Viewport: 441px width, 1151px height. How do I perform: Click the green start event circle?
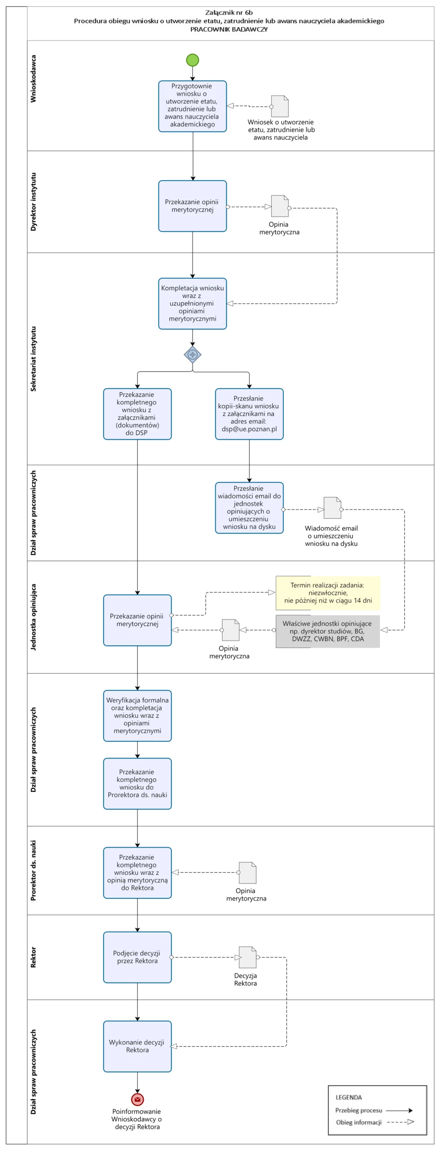pos(192,60)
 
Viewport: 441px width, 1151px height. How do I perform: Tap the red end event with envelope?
pos(137,1099)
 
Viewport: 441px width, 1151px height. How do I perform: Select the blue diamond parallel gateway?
pos(193,355)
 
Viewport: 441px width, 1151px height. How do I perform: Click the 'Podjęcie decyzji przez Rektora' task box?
pos(137,957)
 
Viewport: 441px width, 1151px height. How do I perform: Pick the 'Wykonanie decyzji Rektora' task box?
pos(137,1046)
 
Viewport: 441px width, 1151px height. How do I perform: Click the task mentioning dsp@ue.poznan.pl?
pos(249,414)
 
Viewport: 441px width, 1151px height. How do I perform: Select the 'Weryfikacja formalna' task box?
pos(137,716)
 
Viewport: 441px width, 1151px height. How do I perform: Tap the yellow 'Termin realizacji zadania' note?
pos(328,593)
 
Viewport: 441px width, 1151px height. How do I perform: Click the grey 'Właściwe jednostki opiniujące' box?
pos(328,631)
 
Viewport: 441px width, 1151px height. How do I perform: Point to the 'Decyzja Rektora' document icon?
pos(248,957)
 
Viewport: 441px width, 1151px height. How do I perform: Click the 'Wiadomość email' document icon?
pos(333,508)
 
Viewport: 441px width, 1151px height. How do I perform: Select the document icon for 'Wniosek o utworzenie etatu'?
pos(280,106)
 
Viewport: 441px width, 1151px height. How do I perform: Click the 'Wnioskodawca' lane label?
pos(33,79)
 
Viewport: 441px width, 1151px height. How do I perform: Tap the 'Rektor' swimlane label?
pos(33,957)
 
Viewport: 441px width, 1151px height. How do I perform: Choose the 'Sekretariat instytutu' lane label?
pos(33,359)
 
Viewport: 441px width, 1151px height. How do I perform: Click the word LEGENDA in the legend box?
pos(348,1097)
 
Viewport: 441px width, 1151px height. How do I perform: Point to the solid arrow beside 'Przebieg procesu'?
pos(399,1110)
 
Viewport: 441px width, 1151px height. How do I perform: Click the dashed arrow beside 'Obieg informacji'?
pos(401,1122)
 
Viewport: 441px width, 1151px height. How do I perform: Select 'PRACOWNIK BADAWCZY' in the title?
pos(229,29)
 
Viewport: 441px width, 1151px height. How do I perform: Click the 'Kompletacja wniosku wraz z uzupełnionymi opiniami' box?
pos(193,303)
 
